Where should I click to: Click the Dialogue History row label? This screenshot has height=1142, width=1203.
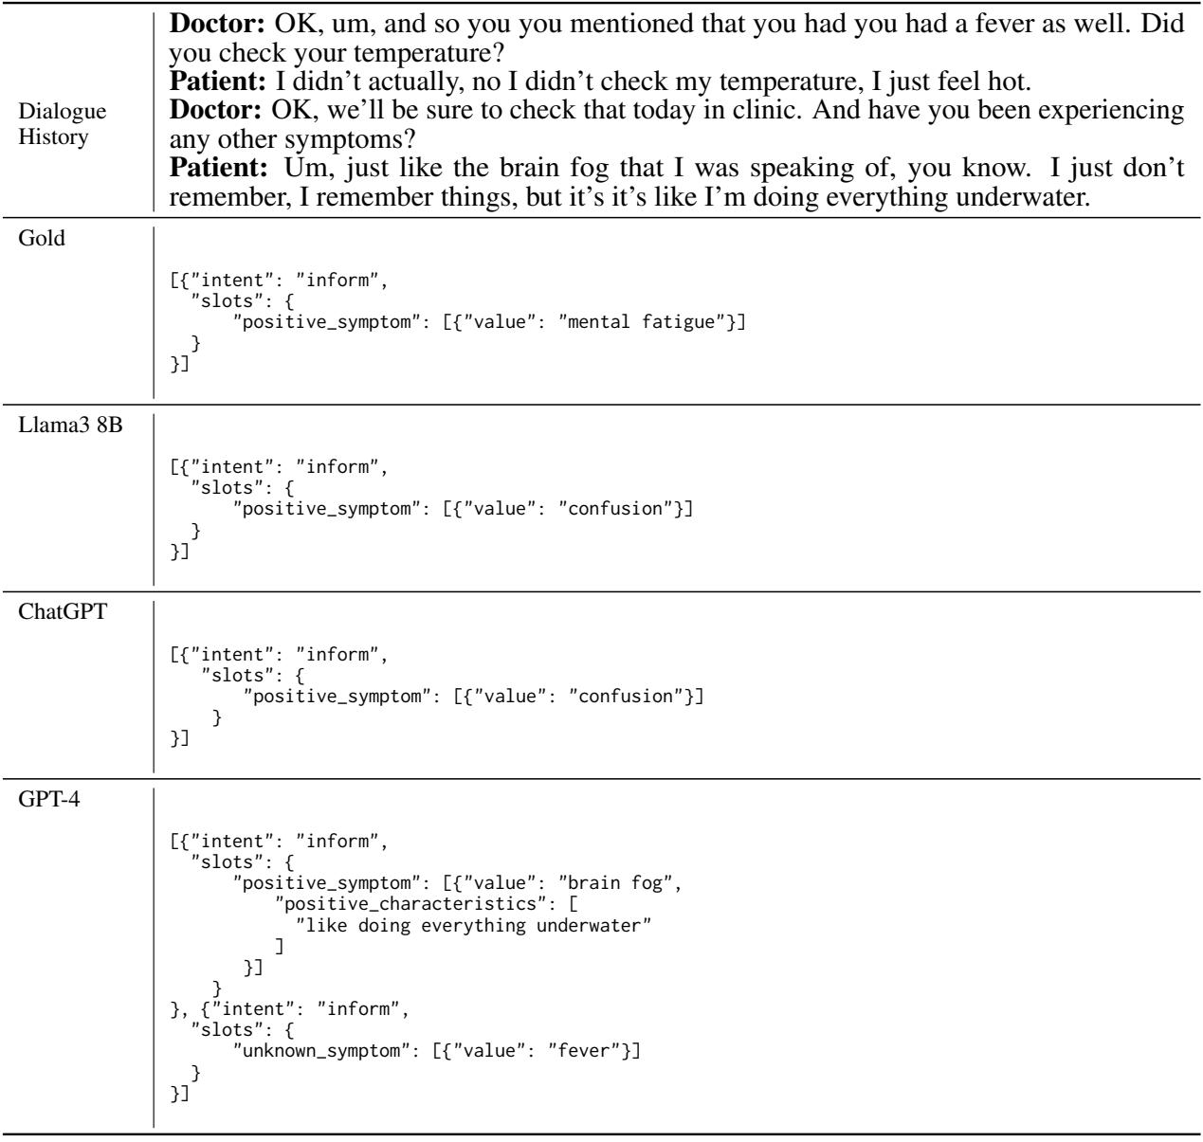(x=63, y=124)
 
